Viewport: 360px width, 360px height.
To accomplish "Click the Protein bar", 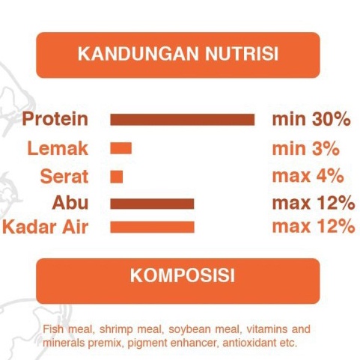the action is (183, 120).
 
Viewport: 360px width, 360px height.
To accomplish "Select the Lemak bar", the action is (120, 148).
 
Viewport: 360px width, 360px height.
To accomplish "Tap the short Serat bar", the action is (117, 177).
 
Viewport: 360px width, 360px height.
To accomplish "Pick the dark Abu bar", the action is (152, 204).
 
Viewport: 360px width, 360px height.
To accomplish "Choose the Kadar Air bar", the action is (152, 227).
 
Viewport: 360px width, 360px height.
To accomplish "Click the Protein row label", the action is (55, 119).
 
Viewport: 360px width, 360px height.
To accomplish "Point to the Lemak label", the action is (58, 148).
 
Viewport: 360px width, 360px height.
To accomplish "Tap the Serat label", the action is (64, 177).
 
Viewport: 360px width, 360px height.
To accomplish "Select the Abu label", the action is (70, 202).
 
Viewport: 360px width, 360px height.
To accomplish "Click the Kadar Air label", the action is (46, 227).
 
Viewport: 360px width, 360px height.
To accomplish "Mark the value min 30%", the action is (311, 119).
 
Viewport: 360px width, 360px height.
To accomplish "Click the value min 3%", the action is (306, 148).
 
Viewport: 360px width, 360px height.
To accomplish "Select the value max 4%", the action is (308, 176).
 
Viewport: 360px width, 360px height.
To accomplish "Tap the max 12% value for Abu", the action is (314, 203).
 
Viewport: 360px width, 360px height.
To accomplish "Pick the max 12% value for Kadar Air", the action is (314, 226).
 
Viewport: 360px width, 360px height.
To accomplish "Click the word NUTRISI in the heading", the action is (242, 53).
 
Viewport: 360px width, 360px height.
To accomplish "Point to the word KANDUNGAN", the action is (138, 53).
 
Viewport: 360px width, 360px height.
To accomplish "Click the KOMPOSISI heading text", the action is (183, 275).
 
